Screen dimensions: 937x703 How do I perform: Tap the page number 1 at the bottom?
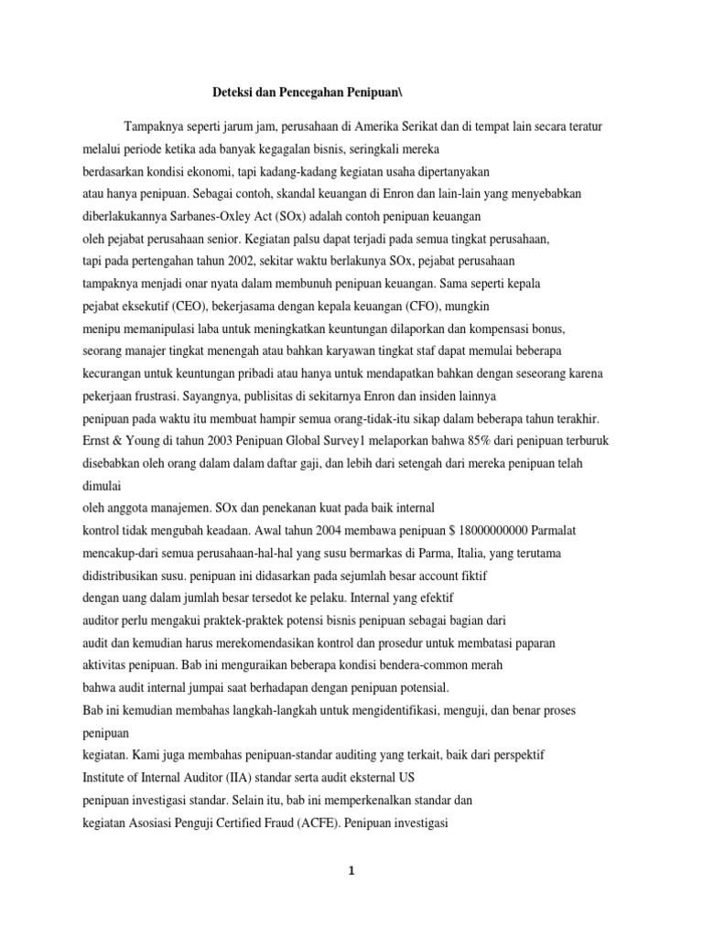pyautogui.click(x=351, y=870)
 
